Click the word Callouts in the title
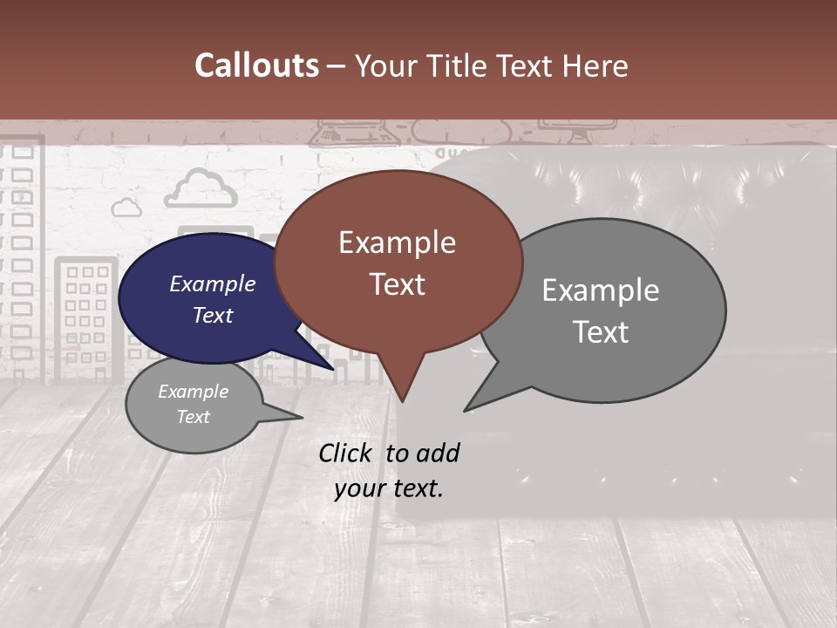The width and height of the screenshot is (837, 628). [x=256, y=65]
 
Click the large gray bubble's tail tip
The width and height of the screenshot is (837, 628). [x=466, y=409]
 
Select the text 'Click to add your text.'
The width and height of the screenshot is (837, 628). [x=389, y=470]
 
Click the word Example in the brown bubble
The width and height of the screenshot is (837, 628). [x=397, y=242]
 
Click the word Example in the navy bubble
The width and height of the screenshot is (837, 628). [x=212, y=283]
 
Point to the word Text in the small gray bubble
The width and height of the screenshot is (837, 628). [x=193, y=417]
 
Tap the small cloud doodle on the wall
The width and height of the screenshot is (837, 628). [x=126, y=207]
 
